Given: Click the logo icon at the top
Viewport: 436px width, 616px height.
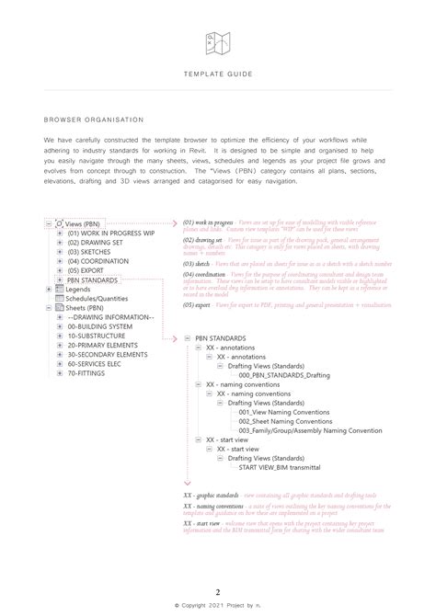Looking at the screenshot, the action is (217, 41).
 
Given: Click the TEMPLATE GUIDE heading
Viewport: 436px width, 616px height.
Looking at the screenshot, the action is (217, 73).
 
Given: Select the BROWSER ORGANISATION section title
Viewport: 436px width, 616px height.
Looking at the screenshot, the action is (93, 120).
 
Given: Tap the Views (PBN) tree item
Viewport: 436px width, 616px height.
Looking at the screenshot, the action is (84, 224).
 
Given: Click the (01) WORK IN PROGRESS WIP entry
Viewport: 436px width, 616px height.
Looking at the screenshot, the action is (109, 234).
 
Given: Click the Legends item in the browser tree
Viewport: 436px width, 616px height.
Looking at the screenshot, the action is (78, 290).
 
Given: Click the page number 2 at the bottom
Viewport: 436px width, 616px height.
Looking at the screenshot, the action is (218, 592).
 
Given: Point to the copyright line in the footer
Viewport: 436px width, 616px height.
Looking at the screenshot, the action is (218, 606).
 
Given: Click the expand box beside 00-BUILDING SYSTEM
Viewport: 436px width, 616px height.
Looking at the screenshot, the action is (59, 327).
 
